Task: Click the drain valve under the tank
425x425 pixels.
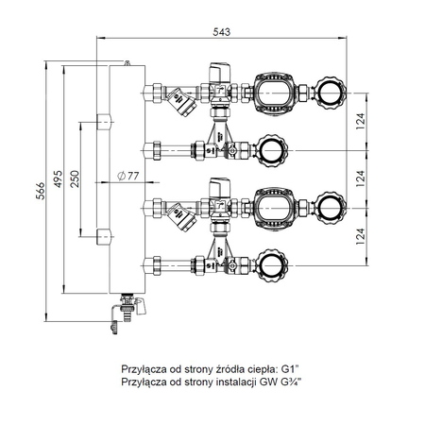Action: click(124, 309)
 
